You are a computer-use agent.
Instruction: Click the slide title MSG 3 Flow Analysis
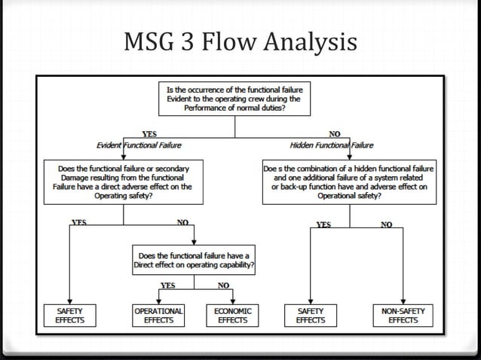pos(240,44)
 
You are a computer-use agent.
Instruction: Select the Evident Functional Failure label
pos(139,145)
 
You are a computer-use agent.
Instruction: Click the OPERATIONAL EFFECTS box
pos(158,315)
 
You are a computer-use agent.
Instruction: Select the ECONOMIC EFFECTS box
pos(233,315)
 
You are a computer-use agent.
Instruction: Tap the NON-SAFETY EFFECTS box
pos(403,315)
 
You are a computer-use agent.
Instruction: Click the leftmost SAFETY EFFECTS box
pos(70,315)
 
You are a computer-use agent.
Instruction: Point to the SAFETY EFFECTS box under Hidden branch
pos(311,315)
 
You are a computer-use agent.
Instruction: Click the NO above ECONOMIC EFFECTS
pos(223,285)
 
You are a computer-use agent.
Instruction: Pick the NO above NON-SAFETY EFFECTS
pos(386,224)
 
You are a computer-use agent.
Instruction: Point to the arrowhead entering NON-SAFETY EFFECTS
pos(403,300)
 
